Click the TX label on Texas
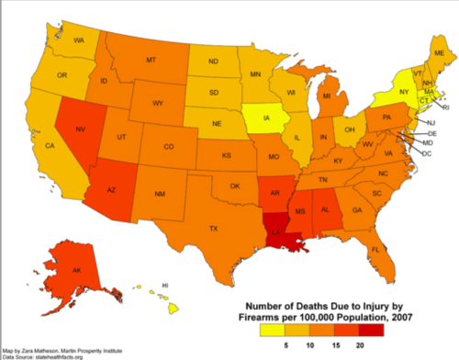(x=213, y=228)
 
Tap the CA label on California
(x=51, y=146)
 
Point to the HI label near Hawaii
(x=165, y=286)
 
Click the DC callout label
(x=426, y=153)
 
